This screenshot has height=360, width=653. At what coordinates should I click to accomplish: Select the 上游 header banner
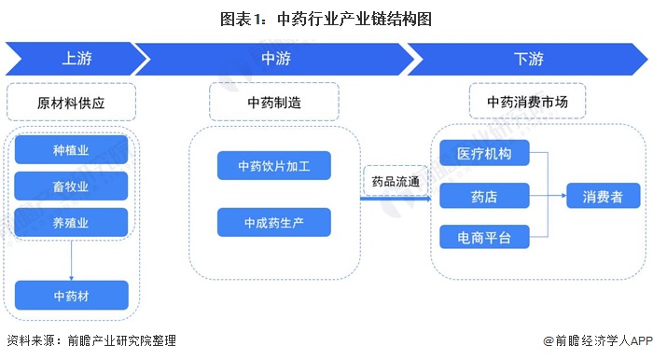(75, 59)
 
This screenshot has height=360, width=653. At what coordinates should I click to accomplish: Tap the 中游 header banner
(275, 59)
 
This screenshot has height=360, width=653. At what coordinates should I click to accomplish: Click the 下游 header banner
(528, 59)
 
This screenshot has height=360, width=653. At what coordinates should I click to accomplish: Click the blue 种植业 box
(71, 149)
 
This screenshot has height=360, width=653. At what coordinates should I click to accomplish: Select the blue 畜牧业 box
(71, 186)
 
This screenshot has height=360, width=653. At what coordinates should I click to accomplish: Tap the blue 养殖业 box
(71, 222)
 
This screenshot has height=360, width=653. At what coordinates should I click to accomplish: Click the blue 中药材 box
(71, 296)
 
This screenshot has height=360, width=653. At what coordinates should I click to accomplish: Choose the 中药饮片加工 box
(274, 166)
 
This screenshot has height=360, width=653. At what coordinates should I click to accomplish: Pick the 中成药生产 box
(274, 222)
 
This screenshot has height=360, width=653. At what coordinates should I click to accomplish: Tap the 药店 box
(484, 196)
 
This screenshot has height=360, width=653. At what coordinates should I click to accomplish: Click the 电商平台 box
(484, 237)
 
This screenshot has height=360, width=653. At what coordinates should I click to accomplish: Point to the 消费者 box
(604, 196)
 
